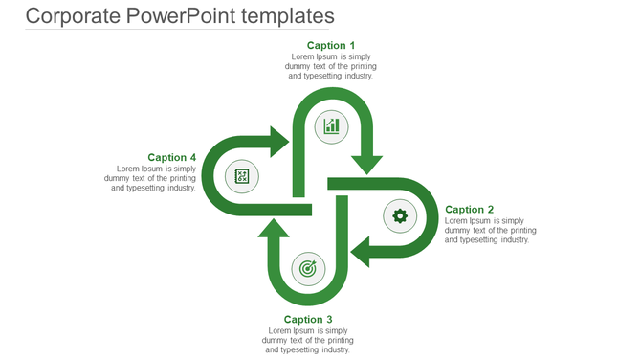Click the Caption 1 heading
tap(331, 45)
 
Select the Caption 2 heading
tap(470, 210)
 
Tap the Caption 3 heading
tap(308, 320)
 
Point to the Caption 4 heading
tap(172, 157)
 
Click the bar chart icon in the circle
tap(331, 125)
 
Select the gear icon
tap(400, 216)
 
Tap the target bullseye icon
tap(307, 269)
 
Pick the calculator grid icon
tap(242, 176)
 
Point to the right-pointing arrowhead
tap(278, 142)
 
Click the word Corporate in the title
tap(74, 16)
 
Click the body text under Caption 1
tap(331, 66)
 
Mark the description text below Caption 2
tap(490, 231)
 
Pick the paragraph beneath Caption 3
tap(308, 340)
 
